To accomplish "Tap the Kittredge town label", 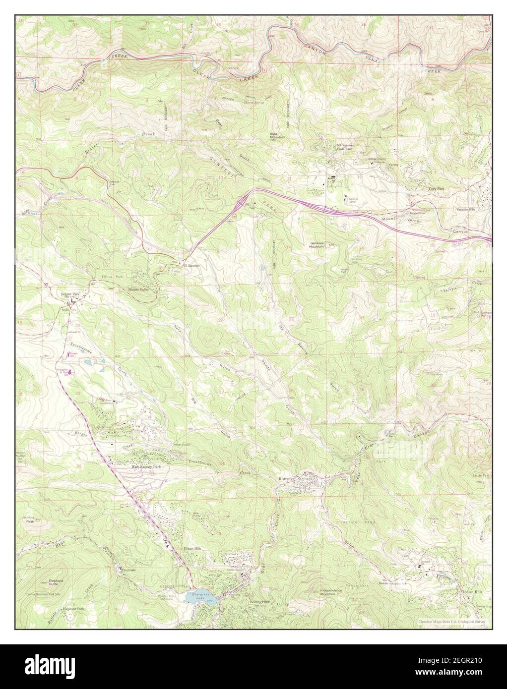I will (x=289, y=479).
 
